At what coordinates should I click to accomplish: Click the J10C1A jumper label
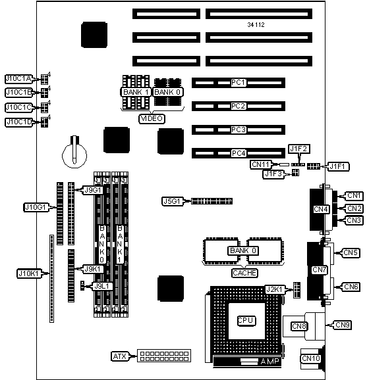[18, 78]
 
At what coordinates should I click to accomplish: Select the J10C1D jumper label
[18, 122]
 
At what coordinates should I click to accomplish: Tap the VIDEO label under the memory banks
[152, 118]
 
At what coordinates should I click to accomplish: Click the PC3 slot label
[239, 130]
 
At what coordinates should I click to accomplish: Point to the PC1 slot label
[239, 83]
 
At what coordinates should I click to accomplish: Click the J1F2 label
[299, 149]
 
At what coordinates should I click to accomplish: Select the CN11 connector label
[260, 164]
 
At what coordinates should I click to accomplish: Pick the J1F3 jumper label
[273, 174]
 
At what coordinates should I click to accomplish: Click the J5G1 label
[172, 201]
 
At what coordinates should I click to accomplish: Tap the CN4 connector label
[321, 209]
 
